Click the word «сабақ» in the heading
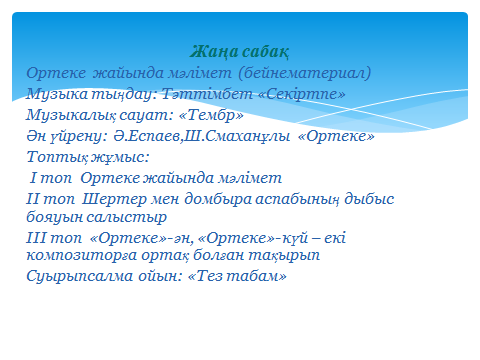(266, 52)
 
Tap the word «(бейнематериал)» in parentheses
(305, 73)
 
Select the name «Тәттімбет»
(207, 94)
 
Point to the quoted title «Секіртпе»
(302, 94)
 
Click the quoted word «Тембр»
(211, 115)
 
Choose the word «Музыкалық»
(71, 116)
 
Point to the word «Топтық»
(57, 157)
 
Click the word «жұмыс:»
(120, 158)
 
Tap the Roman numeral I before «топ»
(33, 177)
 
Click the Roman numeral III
(37, 238)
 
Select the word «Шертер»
(114, 199)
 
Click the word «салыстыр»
(127, 218)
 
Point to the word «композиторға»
(82, 256)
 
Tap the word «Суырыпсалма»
(79, 277)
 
